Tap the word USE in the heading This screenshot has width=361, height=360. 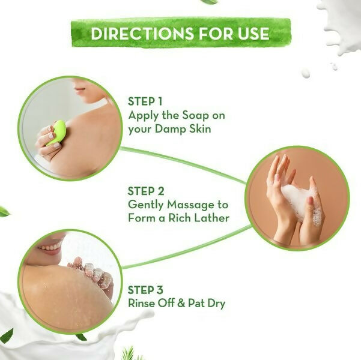tap(254, 33)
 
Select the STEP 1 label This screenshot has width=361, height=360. tap(145, 101)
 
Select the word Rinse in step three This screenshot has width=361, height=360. tap(142, 303)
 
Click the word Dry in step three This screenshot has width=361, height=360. tap(216, 303)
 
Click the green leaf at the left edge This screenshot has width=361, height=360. tap(4, 211)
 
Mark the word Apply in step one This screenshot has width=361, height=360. tap(143, 115)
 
